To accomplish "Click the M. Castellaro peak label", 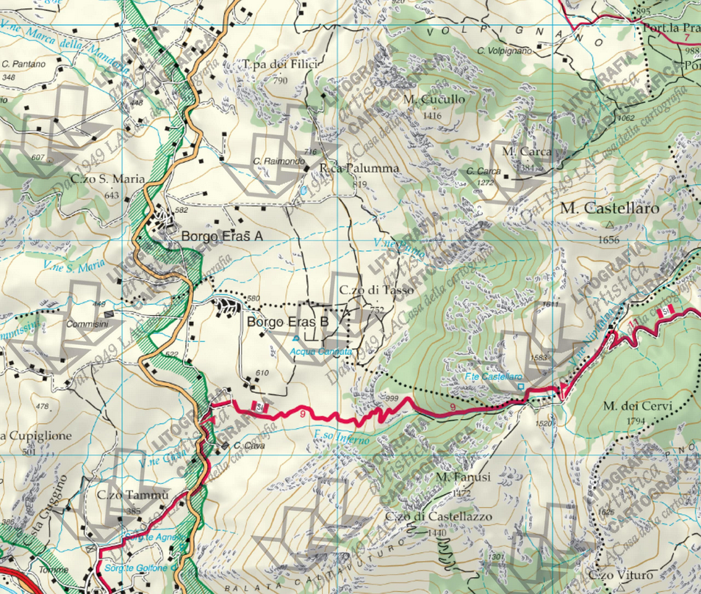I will click(x=610, y=208).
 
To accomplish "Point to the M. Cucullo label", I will click(x=434, y=99).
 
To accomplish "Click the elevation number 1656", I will click(x=609, y=240).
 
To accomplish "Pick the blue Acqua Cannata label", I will click(x=321, y=352).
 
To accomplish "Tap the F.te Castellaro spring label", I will click(x=493, y=376).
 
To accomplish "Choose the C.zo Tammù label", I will click(x=133, y=495).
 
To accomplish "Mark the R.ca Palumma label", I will click(x=359, y=168).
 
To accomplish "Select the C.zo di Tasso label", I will click(x=377, y=291).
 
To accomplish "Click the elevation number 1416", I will click(x=432, y=115).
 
